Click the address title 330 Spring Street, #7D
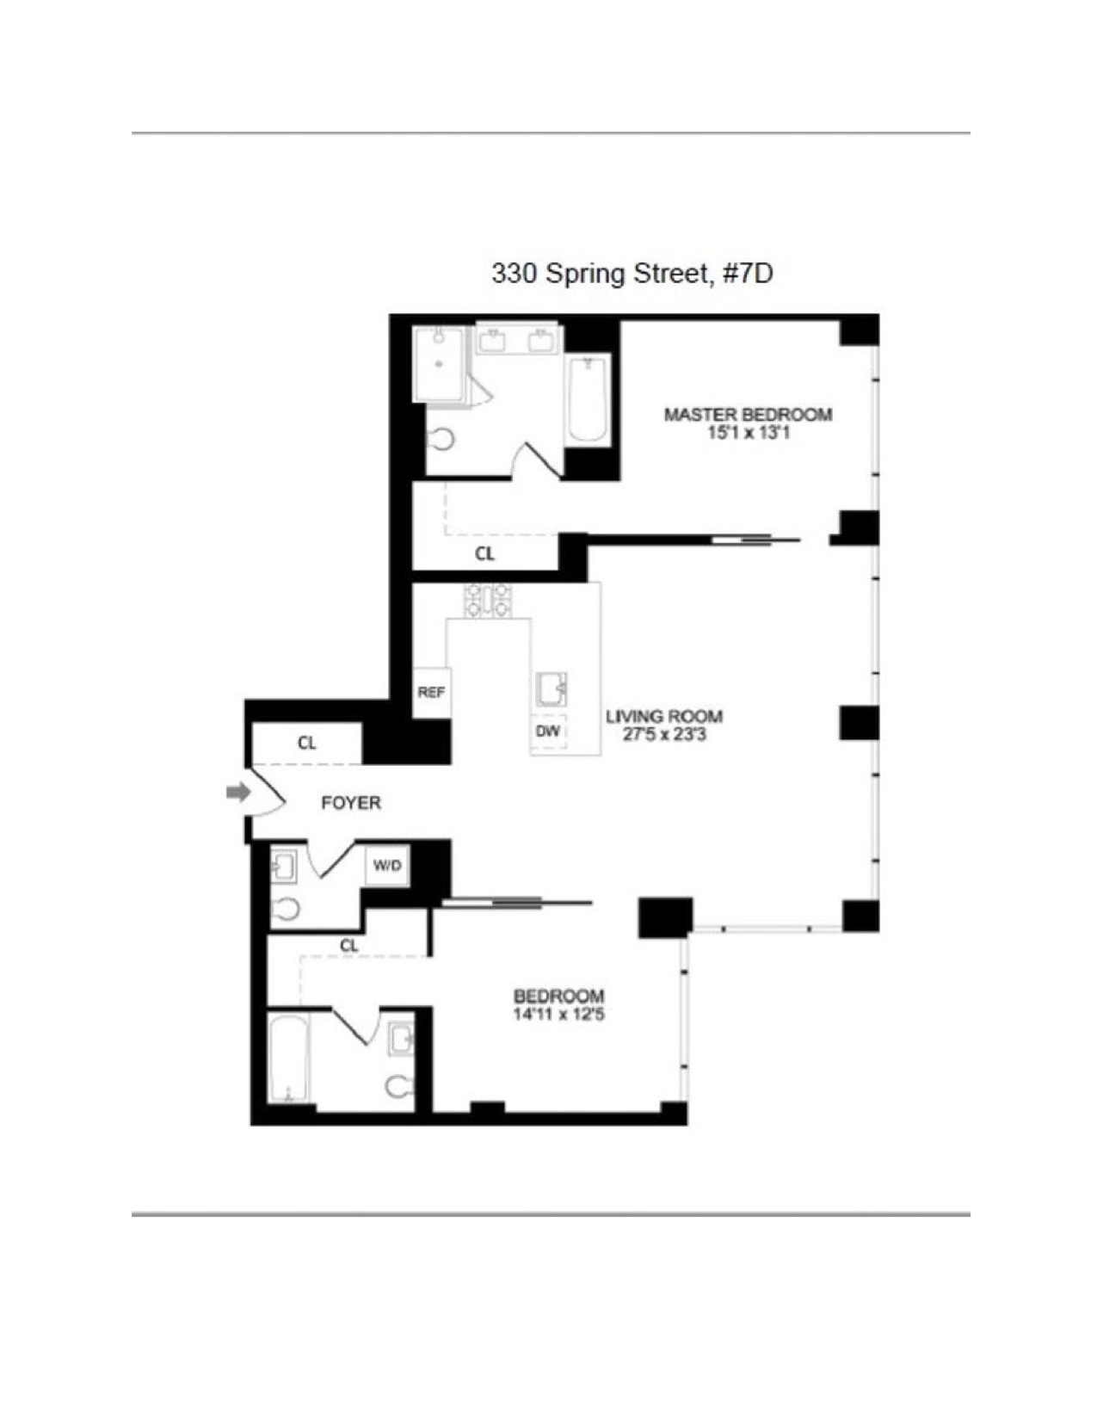632,274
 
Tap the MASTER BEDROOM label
748,415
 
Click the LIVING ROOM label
663,716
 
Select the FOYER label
350,803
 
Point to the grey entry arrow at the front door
237,792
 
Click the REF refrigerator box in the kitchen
431,692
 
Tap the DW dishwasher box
548,732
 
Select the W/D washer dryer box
387,866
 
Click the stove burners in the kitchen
488,600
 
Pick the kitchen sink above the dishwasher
551,689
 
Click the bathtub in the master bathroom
589,400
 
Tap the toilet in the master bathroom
441,440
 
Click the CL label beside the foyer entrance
306,743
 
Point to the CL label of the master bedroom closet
484,554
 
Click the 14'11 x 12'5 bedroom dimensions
558,1015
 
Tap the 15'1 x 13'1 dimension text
748,433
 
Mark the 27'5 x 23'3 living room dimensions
663,735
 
